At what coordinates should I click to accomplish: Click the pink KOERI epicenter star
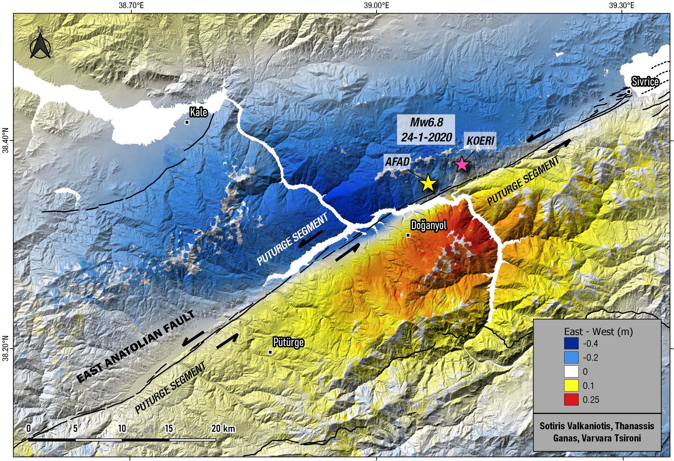462,164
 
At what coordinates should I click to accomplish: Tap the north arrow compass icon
40,46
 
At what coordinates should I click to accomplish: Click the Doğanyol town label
429,225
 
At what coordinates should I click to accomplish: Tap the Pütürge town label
288,342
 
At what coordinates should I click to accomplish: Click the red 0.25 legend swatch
571,400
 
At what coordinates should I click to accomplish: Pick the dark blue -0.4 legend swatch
571,344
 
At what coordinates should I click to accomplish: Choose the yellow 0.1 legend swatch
571,386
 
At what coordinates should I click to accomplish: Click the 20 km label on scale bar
223,429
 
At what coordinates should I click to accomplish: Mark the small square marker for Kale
187,122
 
